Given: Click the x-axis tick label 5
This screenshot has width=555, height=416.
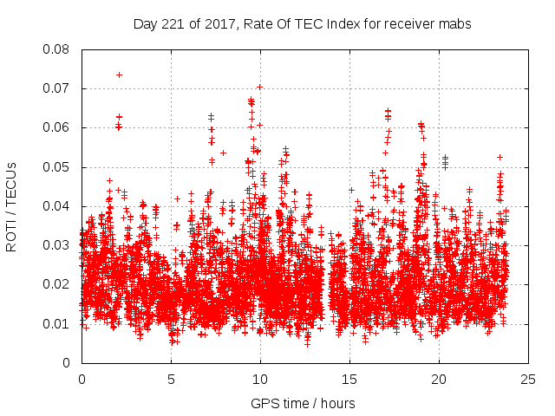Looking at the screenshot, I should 171,380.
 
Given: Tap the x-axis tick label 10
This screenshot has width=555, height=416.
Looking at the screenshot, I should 260,380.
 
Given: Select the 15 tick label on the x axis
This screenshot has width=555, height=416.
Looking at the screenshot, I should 349,380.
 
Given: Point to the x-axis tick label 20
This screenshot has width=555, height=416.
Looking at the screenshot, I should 439,380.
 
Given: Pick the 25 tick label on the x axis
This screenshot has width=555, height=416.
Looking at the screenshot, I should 528,380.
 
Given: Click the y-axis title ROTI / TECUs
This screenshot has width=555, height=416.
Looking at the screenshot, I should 12,206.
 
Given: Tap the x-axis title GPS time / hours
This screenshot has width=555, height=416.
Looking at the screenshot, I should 303,403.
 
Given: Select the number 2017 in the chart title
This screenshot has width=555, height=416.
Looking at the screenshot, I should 213,24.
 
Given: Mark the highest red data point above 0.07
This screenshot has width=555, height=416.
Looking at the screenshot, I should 119,75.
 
